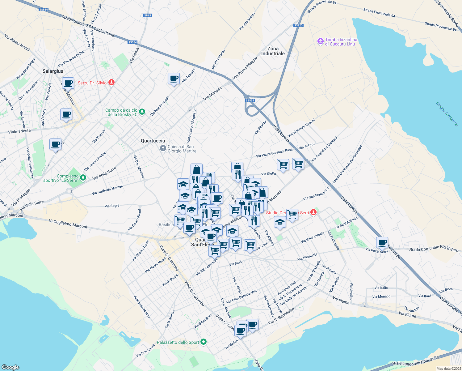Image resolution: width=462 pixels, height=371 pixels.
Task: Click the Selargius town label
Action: pos(53,71)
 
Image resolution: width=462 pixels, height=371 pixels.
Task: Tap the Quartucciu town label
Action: pos(153,141)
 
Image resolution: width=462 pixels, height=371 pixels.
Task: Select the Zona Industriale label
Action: pos(273,51)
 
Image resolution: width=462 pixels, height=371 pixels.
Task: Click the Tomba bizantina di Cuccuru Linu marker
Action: pos(320,41)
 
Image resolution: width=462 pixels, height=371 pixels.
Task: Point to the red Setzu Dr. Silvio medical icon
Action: pos(111,83)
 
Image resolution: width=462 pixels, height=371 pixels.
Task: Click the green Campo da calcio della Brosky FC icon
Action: pos(142,112)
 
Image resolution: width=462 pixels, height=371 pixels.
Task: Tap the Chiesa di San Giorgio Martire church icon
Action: pos(163,149)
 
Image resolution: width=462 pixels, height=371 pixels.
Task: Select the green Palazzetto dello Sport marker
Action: pos(203,342)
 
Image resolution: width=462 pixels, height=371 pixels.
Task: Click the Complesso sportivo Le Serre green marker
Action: pos(83,178)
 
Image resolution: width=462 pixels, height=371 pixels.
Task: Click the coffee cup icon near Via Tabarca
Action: pos(174,79)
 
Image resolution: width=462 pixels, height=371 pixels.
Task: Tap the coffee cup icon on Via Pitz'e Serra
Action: pos(382,242)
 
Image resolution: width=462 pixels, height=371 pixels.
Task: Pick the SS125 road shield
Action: pos(298,25)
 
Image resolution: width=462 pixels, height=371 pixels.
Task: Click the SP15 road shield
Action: pos(148,15)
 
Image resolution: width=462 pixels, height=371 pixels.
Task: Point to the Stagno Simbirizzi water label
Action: pos(447,114)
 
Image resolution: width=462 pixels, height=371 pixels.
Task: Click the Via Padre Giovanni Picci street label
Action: pos(274,153)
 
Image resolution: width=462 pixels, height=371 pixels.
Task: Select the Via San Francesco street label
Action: pos(316,194)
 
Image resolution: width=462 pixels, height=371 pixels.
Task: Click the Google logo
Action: pos(10,367)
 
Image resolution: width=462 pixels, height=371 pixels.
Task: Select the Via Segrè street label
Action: pos(112,206)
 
